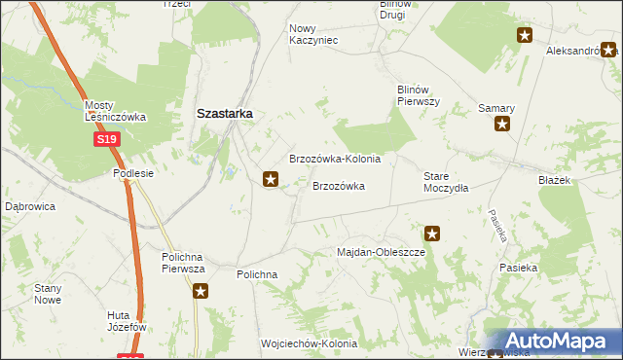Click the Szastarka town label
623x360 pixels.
(x=225, y=113)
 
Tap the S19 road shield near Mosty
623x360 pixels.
(x=107, y=140)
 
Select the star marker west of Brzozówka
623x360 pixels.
(x=272, y=179)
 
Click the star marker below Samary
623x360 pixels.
(x=502, y=124)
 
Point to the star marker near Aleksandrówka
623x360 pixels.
(x=525, y=36)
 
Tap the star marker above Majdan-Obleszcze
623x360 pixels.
(x=432, y=234)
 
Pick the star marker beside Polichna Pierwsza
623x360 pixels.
(x=201, y=291)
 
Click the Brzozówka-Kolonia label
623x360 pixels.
(x=335, y=159)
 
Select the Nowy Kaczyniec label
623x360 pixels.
(x=313, y=34)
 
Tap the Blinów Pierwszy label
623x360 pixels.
(x=420, y=94)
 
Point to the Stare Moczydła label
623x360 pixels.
(x=446, y=182)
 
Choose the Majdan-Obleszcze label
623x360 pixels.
(x=382, y=252)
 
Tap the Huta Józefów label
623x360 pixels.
(x=127, y=321)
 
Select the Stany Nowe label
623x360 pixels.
(x=48, y=294)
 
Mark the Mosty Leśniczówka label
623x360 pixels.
(x=115, y=111)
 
